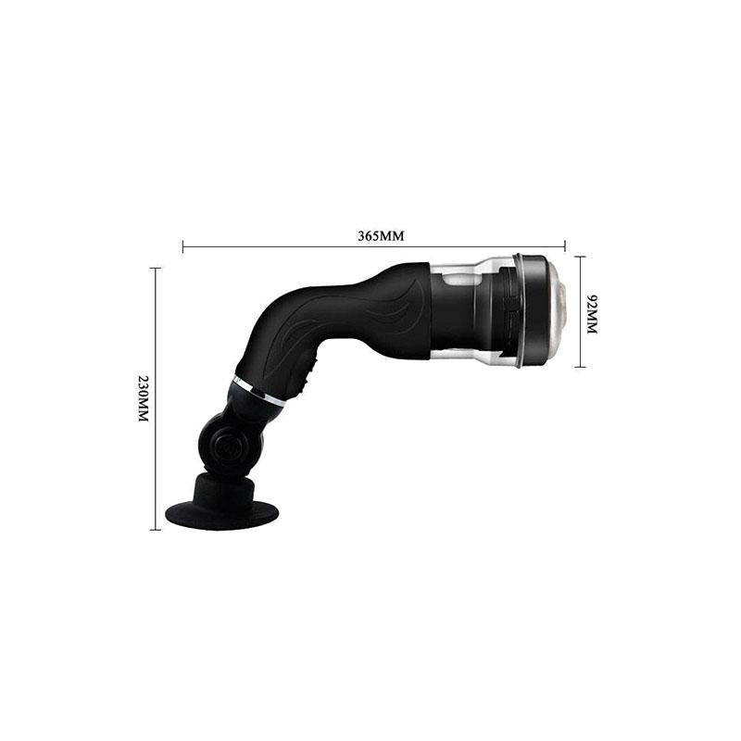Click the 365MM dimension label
click(381, 236)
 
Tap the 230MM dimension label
click(144, 398)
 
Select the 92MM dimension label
click(592, 314)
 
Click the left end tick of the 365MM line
click(182, 246)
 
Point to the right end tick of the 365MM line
click(565, 246)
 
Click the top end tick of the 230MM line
click(155, 268)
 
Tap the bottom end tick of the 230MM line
click(155, 529)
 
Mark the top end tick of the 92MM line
click(581, 257)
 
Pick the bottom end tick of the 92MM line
click(581, 366)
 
